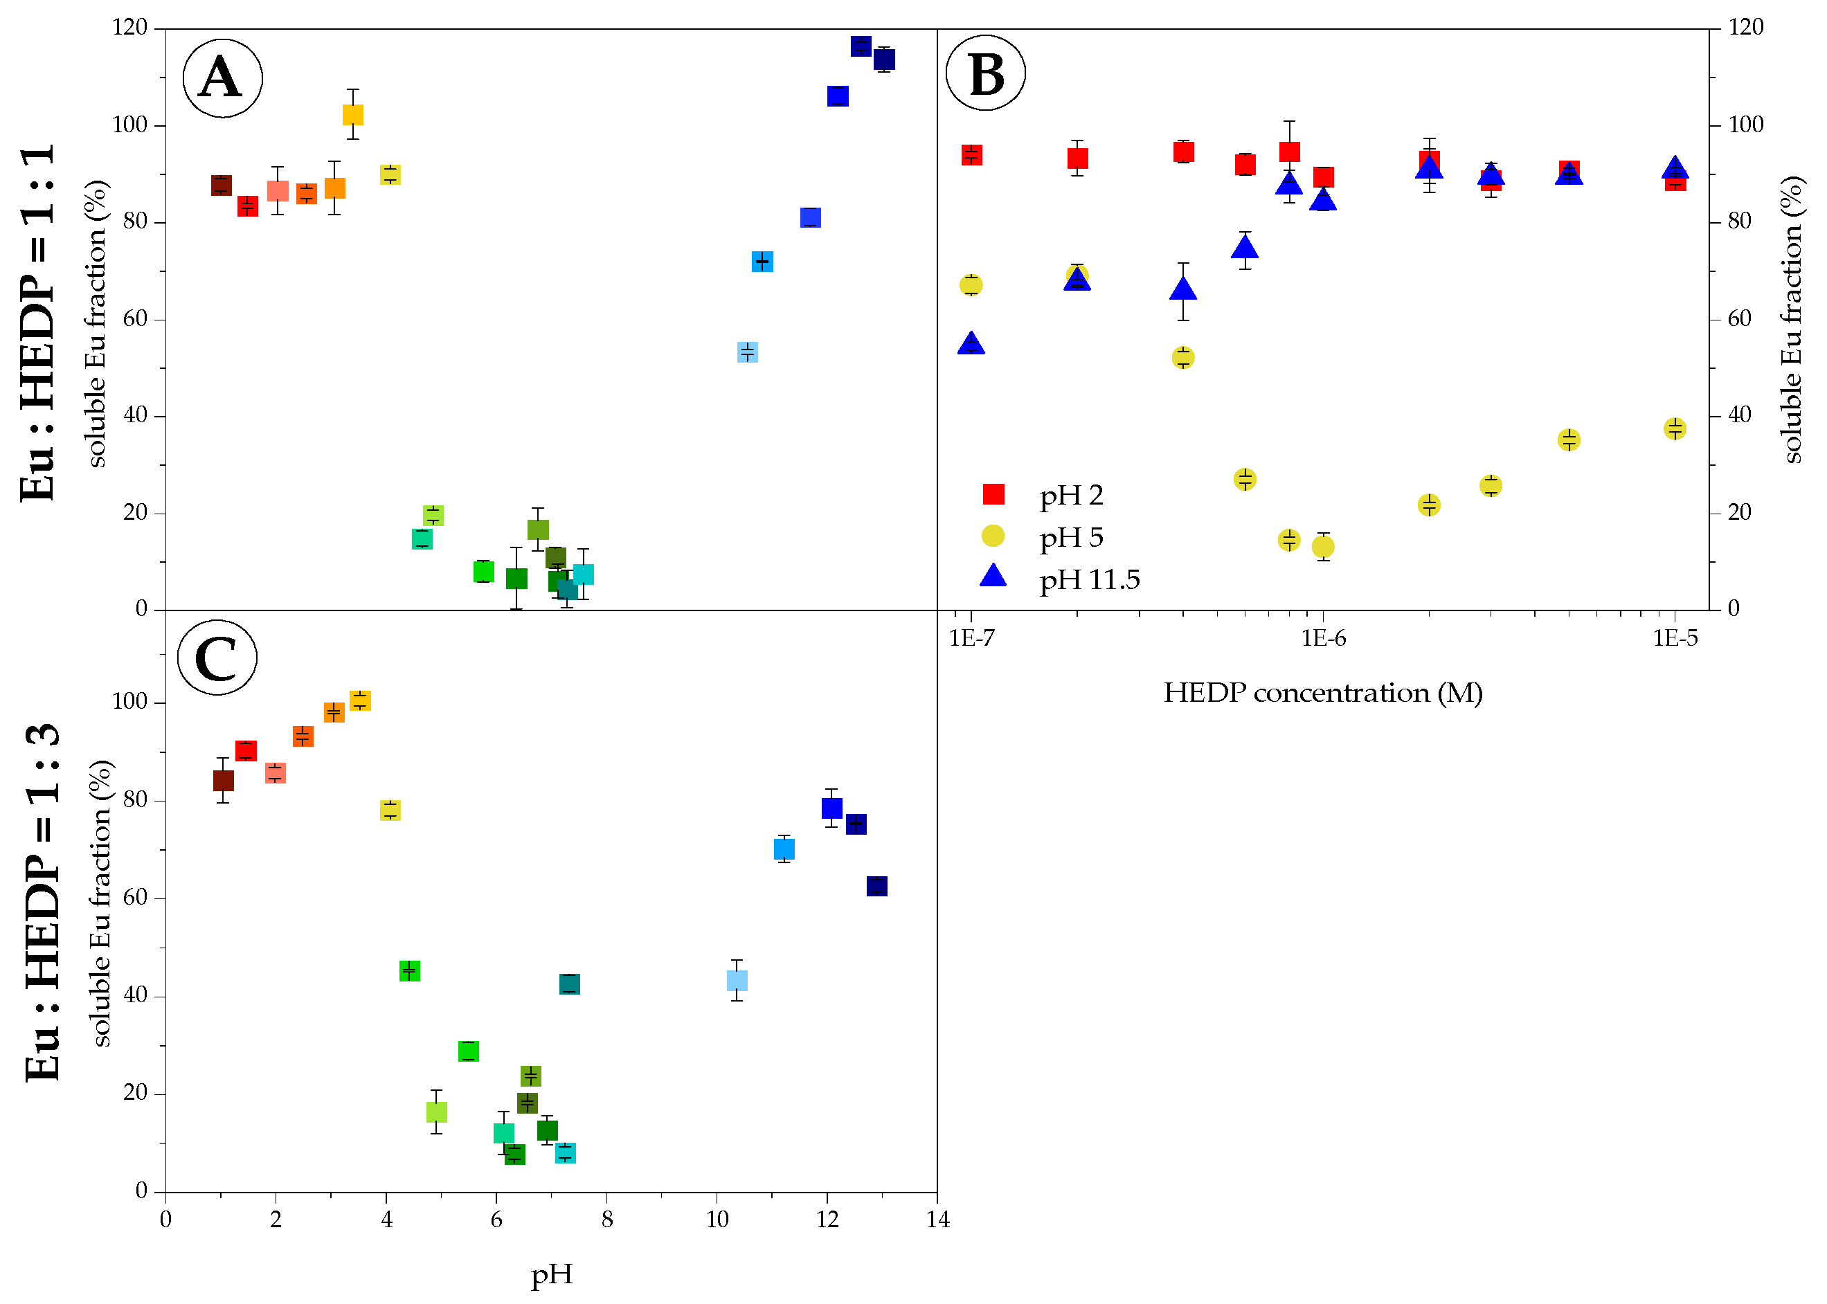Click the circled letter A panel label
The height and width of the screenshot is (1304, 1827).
(222, 78)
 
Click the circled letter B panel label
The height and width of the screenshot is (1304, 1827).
(985, 73)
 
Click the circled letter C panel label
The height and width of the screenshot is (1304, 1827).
(217, 658)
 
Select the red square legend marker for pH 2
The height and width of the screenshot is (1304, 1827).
(993, 493)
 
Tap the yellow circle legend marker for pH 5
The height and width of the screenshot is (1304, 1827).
(993, 536)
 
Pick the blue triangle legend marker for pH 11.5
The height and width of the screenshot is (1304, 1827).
(993, 576)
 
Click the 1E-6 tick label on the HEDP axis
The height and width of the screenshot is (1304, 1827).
(1323, 638)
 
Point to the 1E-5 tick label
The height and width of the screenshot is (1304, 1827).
(1675, 638)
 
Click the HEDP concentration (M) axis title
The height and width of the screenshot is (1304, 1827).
(1323, 692)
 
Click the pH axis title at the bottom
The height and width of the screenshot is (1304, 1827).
(552, 1274)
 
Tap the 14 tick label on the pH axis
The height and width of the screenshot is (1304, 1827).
(937, 1220)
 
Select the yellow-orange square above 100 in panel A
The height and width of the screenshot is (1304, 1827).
(352, 114)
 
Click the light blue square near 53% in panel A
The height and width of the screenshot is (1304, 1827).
(747, 352)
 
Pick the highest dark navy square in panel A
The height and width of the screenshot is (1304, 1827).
(861, 46)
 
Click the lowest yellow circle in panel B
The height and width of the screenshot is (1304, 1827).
(1323, 547)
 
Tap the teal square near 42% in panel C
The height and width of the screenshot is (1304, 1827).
(569, 984)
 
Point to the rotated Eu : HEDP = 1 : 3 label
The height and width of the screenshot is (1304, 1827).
(42, 902)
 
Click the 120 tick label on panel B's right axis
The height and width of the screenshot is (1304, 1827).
(1746, 27)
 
